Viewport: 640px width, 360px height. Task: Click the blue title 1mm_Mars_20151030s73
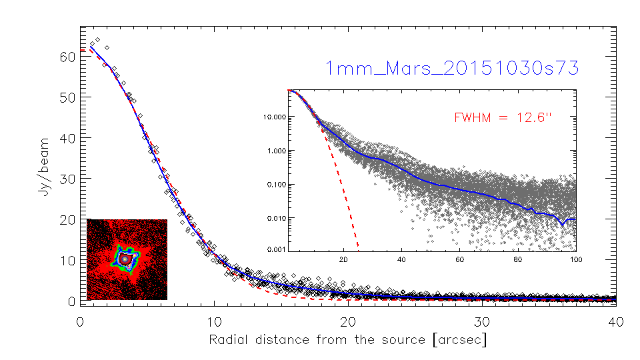451,68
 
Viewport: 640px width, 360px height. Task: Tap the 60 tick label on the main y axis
65,57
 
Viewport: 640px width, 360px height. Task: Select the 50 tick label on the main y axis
65,97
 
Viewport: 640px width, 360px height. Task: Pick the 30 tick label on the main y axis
65,179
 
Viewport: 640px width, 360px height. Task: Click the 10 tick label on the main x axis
214,321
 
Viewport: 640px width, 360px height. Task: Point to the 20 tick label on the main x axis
348,321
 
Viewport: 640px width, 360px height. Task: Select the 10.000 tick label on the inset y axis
273,117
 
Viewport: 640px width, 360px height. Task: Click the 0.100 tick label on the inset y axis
275,184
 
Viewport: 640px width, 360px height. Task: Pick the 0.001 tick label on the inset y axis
275,249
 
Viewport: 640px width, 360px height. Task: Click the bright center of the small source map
124,259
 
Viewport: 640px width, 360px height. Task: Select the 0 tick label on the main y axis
69,301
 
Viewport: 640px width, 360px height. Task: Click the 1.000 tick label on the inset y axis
275,151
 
